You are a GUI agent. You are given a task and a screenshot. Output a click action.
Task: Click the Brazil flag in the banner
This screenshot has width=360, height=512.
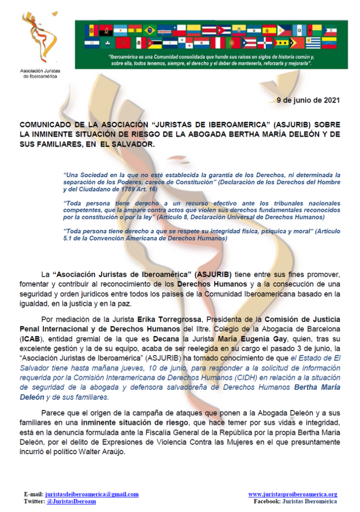pyautogui.click(x=150, y=30)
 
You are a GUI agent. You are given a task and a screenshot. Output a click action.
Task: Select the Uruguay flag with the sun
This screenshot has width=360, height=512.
pyautogui.click(x=312, y=43)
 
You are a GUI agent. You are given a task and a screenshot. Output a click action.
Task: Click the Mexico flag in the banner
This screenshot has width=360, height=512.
pyautogui.click(x=139, y=43)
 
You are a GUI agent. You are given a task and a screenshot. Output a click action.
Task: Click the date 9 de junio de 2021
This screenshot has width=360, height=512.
pyautogui.click(x=307, y=100)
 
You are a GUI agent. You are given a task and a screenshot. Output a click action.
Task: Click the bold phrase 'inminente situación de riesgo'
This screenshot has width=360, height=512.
pyautogui.click(x=126, y=422)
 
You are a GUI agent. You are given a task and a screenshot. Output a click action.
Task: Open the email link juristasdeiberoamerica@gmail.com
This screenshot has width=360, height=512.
pyautogui.click(x=91, y=494)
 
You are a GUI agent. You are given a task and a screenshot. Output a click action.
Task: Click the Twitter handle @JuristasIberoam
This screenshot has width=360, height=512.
pyautogui.click(x=71, y=502)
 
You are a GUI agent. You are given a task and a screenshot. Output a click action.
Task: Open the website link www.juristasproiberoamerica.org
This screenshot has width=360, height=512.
pyautogui.click(x=292, y=494)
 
